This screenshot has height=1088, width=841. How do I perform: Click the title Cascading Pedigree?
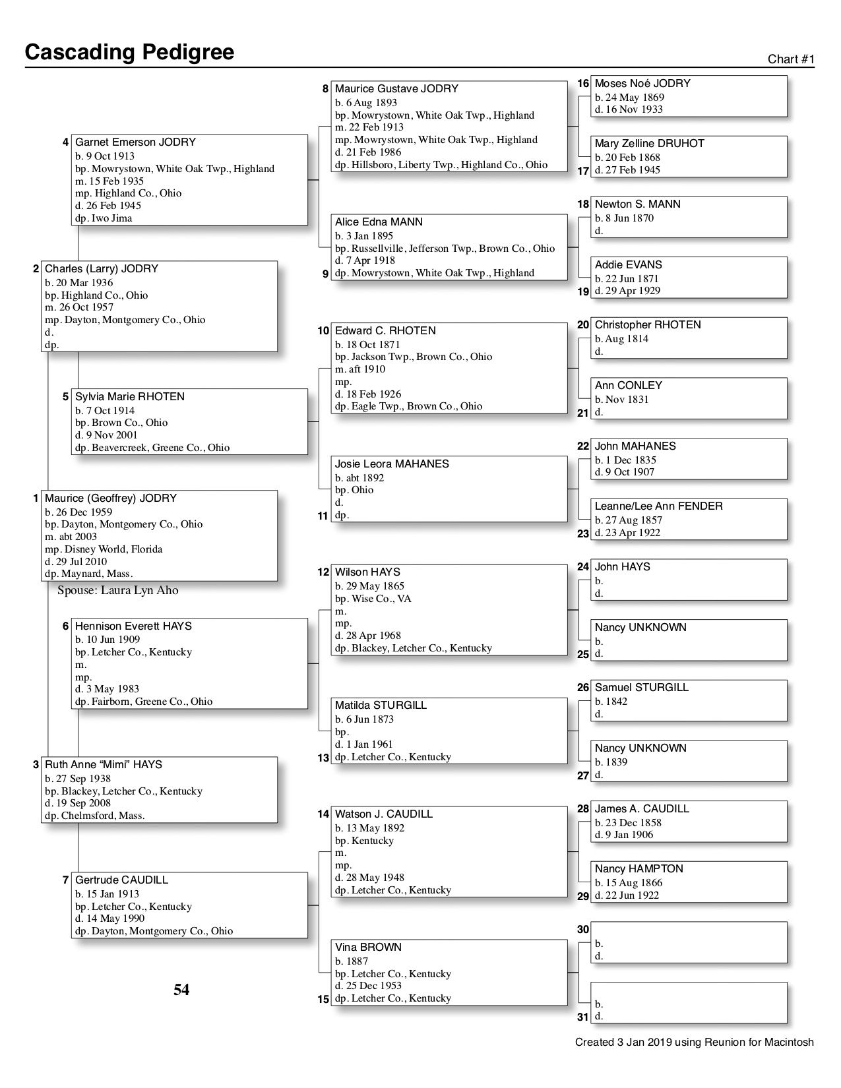pos(129,52)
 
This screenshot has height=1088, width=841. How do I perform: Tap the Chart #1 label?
pos(791,59)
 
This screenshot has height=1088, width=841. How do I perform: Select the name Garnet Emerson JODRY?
pos(135,142)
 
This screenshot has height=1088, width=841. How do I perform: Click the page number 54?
pos(181,990)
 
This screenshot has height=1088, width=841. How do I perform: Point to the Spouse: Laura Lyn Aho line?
pos(117,590)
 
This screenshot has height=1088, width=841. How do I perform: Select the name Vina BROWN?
pos(368,948)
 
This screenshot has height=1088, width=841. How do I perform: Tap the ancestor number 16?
pos(583,84)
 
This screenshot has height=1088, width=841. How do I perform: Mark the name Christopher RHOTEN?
pos(648,325)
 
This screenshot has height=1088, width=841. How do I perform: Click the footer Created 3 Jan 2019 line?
pos(694,1043)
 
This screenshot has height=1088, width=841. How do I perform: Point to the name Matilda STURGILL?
pos(381,706)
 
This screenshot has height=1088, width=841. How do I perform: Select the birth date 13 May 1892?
pos(369,828)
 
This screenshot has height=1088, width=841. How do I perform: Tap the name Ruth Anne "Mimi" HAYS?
pos(103,765)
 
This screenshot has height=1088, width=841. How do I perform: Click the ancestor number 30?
pos(583,930)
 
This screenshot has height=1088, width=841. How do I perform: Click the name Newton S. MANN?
pos(637,204)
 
